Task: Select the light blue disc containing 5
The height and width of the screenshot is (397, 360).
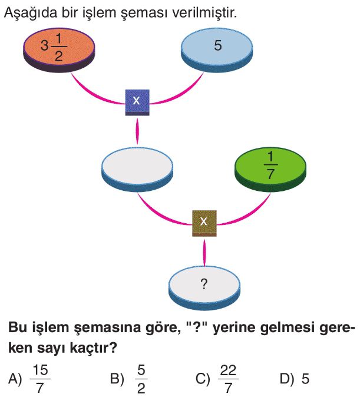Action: coord(217,47)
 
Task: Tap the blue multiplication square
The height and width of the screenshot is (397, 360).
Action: coord(137,101)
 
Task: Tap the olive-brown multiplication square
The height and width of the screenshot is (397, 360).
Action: coord(204,222)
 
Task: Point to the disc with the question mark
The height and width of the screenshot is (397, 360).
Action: coord(204,284)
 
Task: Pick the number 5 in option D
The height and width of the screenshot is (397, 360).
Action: coord(305,379)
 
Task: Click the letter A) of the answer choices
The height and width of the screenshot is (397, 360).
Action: coord(15,379)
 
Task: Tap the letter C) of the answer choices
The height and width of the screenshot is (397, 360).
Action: coord(203,379)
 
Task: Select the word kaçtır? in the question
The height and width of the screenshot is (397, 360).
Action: coord(94,348)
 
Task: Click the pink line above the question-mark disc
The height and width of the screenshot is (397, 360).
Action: coord(204,251)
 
